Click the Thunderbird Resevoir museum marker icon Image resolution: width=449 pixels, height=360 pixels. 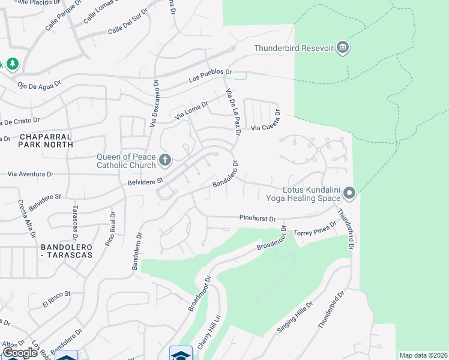pyautogui.click(x=342, y=48)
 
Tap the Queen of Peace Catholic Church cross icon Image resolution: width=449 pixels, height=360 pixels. pyautogui.click(x=165, y=160)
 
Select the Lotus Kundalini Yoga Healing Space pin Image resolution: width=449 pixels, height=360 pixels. pyautogui.click(x=349, y=193)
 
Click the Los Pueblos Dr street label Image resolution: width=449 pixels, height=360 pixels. pyautogui.click(x=209, y=76)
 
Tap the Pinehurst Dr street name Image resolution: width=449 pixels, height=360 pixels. pyautogui.click(x=257, y=218)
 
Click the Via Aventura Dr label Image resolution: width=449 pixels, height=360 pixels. pyautogui.click(x=30, y=174)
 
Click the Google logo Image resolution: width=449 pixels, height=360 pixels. pyautogui.click(x=20, y=352)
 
